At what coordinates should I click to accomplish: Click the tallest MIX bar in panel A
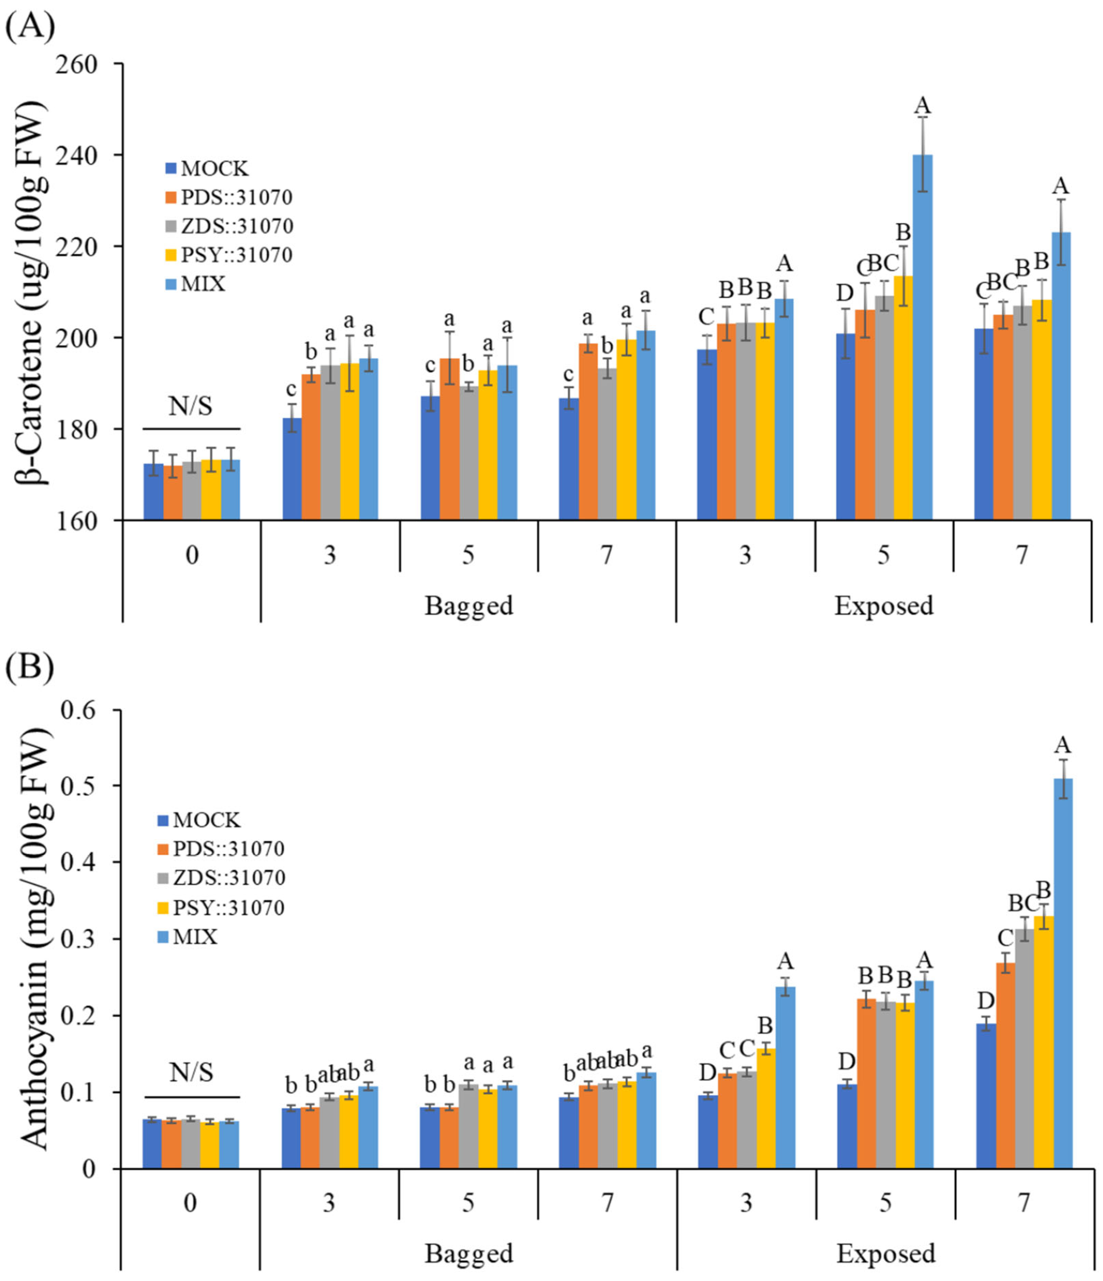pyautogui.click(x=922, y=337)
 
